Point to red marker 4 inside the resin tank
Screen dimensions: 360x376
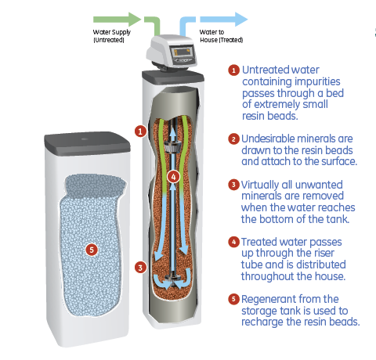pyautogui.click(x=174, y=178)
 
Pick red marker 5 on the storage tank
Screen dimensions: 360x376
pyautogui.click(x=92, y=250)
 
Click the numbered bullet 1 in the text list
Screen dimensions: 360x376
pyautogui.click(x=233, y=70)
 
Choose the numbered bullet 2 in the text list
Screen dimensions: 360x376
pyautogui.click(x=233, y=139)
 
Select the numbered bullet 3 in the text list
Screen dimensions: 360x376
pyautogui.click(x=233, y=185)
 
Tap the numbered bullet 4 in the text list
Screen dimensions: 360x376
pyautogui.click(x=233, y=243)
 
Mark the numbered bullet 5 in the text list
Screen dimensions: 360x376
pyautogui.click(x=233, y=300)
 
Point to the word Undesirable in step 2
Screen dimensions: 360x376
pyautogui.click(x=272, y=139)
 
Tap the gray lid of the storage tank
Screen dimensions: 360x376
pyautogui.click(x=85, y=141)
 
